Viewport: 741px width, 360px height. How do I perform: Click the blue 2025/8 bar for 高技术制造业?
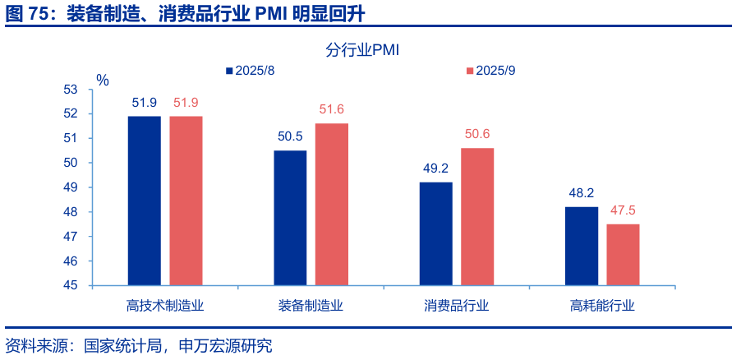144,201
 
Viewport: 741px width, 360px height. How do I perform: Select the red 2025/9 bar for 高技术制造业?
186,201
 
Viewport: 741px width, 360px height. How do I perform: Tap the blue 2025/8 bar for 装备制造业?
290,218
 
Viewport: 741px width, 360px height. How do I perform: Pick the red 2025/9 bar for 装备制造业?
332,205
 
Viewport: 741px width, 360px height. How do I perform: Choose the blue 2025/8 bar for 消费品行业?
435,233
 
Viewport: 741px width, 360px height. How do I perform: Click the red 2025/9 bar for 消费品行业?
477,217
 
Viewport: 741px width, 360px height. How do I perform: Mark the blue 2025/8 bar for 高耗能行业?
582,246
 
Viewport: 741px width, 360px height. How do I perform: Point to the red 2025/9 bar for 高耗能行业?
623,255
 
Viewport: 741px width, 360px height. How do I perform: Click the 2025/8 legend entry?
250,71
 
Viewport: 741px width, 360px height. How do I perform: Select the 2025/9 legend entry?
490,71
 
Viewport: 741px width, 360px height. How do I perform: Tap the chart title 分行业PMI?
362,51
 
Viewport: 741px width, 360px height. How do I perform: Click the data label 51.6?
332,109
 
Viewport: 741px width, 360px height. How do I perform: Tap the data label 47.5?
623,210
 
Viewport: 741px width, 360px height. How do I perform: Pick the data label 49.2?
435,168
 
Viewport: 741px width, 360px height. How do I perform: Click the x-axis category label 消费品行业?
456,307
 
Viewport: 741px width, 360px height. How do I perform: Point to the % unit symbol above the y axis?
102,80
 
